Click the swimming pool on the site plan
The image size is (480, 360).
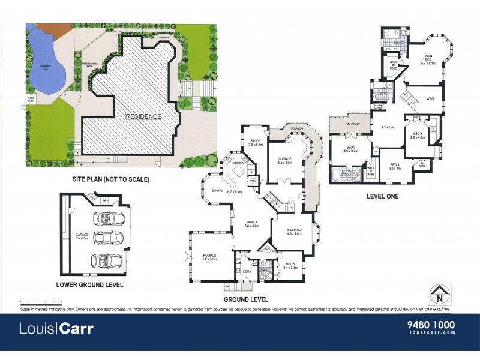pyautogui.click(x=46, y=64)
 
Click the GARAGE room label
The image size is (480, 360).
pyautogui.click(x=82, y=236)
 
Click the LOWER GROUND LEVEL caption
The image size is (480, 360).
pyautogui.click(x=89, y=285)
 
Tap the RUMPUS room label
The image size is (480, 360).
pyautogui.click(x=209, y=257)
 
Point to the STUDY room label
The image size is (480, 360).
pyautogui.click(x=256, y=142)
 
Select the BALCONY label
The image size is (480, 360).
pyautogui.click(x=352, y=124)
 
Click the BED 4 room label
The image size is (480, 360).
pyautogui.click(x=395, y=165)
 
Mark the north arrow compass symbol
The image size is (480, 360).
pyautogui.click(x=440, y=295)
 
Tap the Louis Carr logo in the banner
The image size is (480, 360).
pyautogui.click(x=56, y=329)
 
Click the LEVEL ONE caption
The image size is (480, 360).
pyautogui.click(x=382, y=196)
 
